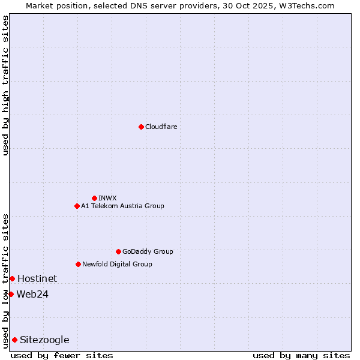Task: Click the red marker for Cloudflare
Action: tap(141, 127)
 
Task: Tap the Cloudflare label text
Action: tap(161, 127)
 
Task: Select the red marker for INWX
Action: tap(94, 198)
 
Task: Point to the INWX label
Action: tap(107, 198)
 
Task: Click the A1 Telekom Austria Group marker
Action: tap(77, 206)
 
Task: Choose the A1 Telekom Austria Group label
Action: tap(122, 206)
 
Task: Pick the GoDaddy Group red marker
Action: tap(118, 251)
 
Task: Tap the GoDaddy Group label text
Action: tap(148, 251)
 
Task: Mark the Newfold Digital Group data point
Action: tap(78, 264)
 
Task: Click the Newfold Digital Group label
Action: tap(117, 264)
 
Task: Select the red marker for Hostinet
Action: tap(12, 278)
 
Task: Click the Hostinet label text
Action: tap(37, 278)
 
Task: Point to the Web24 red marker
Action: tap(11, 294)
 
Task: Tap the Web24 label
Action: tap(32, 294)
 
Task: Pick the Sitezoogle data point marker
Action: tap(14, 340)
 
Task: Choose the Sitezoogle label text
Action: tap(44, 340)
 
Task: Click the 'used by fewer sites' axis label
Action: tap(62, 355)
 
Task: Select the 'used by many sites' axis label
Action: tap(301, 355)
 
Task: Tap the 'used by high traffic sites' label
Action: tap(5, 85)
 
